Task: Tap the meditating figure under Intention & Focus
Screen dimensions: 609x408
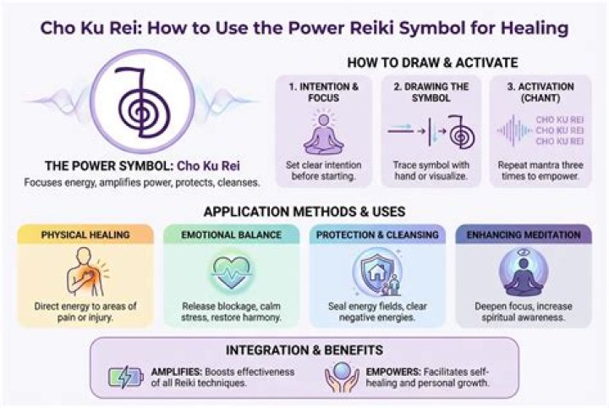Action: (x=323, y=133)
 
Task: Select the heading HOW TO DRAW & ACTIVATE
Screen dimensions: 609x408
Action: (x=432, y=63)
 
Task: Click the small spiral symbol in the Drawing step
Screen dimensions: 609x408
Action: (x=461, y=132)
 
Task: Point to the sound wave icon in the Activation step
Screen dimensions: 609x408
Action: (x=513, y=130)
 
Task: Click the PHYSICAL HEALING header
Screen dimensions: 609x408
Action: (x=85, y=234)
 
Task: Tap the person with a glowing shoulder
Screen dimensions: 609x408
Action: (x=87, y=272)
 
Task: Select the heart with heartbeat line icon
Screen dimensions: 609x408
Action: (x=231, y=272)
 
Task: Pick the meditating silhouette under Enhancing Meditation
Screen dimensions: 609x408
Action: (x=524, y=275)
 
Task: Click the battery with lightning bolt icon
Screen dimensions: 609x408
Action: (x=125, y=377)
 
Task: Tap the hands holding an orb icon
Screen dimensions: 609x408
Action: (x=343, y=377)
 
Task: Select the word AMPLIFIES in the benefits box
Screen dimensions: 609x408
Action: (x=177, y=372)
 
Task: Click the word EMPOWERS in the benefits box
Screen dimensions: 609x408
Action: (x=393, y=372)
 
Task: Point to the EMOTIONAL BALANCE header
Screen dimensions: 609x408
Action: (x=232, y=234)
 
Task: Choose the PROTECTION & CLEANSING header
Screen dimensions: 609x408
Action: (x=377, y=234)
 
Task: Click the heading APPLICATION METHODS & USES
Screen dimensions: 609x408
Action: (x=304, y=212)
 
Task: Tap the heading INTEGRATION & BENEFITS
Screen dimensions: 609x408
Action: (x=304, y=350)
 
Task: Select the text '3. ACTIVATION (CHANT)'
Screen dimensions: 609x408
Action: (x=540, y=92)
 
